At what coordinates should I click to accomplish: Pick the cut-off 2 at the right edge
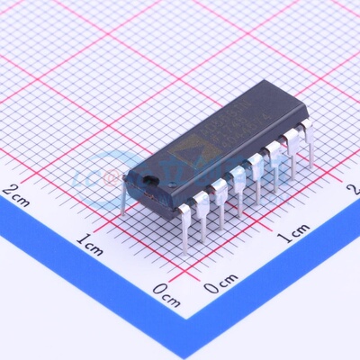pyautogui.click(x=354, y=190)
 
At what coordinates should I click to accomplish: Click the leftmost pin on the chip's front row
pyautogui.click(x=184, y=225)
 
